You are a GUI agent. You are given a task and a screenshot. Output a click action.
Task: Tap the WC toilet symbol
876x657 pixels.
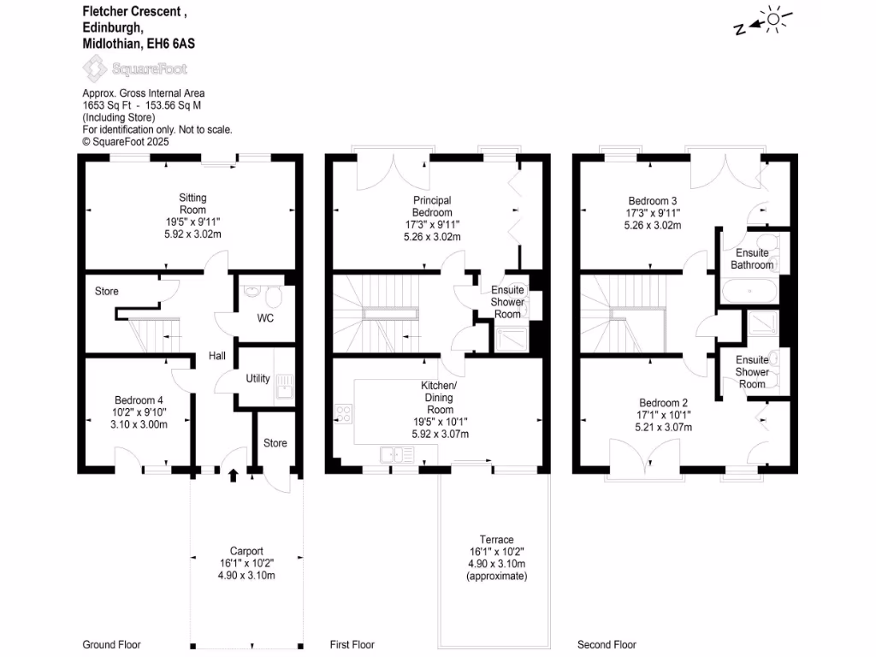tap(273, 299)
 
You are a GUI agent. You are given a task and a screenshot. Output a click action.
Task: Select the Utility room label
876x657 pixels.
tap(257, 379)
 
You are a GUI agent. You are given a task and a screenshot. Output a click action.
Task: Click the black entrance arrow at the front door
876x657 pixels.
tap(234, 475)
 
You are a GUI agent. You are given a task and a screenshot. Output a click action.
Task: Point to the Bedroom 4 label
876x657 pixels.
tap(139, 400)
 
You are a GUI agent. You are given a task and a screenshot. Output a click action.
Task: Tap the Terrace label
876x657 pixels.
tap(496, 540)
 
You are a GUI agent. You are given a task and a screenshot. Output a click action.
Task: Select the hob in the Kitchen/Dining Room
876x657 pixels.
tap(343, 414)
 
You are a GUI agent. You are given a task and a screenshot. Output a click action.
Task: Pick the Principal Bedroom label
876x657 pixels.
tap(432, 206)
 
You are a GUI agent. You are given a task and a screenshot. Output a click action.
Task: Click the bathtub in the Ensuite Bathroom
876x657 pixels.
tap(749, 292)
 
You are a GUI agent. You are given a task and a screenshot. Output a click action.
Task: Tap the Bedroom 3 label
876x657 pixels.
tap(653, 201)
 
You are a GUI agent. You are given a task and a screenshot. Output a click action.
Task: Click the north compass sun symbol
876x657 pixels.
tap(773, 19)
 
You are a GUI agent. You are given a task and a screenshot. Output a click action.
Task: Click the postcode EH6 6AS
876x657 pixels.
tap(177, 43)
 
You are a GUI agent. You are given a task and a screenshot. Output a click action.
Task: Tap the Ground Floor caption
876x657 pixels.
tap(111, 644)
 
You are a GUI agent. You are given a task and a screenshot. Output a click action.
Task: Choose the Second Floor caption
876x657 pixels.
tap(607, 644)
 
